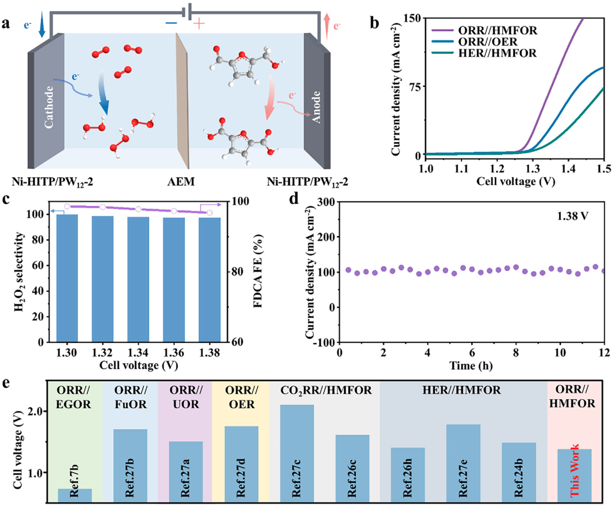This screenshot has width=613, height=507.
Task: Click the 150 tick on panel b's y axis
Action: click(x=413, y=18)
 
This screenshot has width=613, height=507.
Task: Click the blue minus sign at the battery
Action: click(x=171, y=23)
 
